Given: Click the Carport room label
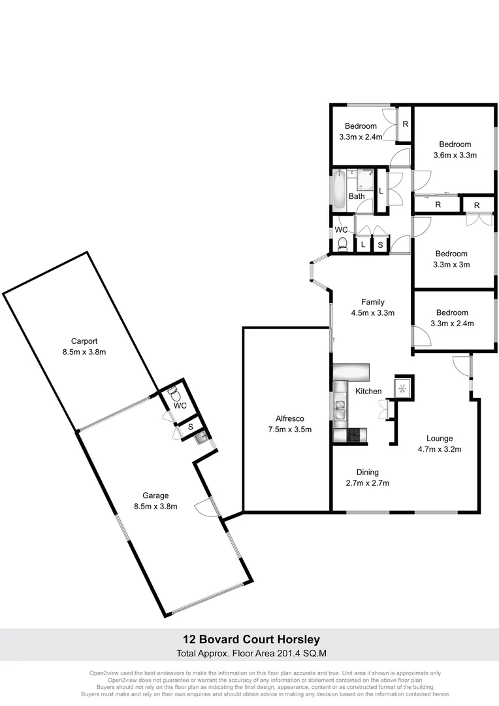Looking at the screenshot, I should click(84, 341).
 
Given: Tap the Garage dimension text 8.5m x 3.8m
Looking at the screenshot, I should click(156, 506).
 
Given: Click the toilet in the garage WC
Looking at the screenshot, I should click(174, 394).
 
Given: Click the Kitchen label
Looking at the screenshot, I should click(368, 391).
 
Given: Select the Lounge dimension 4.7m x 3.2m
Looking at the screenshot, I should click(440, 449).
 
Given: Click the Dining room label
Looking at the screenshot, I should click(367, 472).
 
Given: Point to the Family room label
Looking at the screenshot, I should click(373, 301).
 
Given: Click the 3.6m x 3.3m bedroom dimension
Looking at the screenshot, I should click(455, 156).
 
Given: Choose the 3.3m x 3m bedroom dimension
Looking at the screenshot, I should click(452, 265).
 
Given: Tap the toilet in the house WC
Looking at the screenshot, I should click(342, 244).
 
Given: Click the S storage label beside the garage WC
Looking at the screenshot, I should click(190, 426).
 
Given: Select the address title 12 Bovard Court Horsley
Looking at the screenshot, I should click(249, 639).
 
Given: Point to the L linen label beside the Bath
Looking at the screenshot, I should click(381, 191).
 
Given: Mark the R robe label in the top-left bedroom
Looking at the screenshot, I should click(405, 123).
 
